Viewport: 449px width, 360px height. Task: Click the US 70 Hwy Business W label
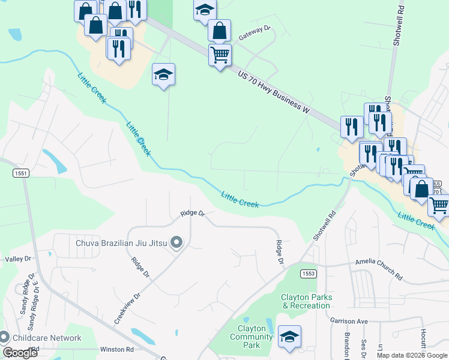273,92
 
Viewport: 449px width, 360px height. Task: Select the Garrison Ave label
349,321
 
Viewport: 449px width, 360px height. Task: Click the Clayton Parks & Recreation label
306,301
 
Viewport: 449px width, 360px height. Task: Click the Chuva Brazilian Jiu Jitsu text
122,243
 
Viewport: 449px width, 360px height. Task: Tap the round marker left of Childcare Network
5,338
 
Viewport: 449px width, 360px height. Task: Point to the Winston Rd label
116,349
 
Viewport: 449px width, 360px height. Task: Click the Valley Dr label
18,259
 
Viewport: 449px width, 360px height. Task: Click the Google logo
20,353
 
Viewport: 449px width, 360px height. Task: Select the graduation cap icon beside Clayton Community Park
290,336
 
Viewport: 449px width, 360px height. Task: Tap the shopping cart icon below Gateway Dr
220,55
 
